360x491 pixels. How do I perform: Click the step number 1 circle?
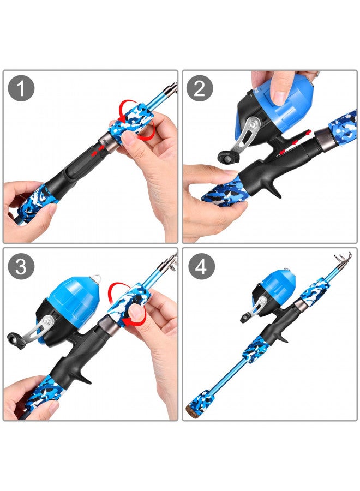pyautogui.click(x=21, y=88)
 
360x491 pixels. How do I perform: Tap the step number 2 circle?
pyautogui.click(x=200, y=88)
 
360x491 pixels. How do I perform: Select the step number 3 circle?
pyautogui.click(x=21, y=266)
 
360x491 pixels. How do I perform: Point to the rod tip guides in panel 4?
pyautogui.click(x=344, y=262)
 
